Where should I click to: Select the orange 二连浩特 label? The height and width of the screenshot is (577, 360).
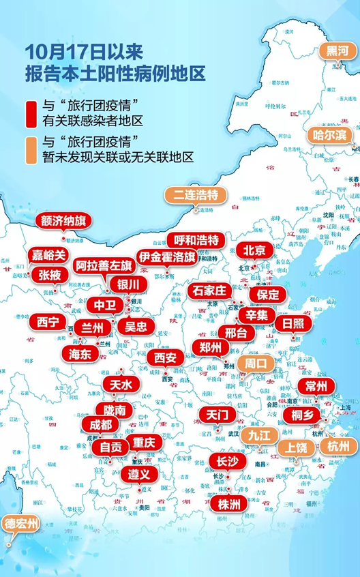[195, 194]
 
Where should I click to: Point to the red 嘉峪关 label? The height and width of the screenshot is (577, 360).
[49, 255]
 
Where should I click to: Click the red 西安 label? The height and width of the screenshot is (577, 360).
[164, 357]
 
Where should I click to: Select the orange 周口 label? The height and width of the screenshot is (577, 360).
[256, 362]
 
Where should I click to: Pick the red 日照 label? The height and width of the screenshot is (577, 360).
[293, 323]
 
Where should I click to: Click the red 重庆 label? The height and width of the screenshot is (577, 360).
[143, 443]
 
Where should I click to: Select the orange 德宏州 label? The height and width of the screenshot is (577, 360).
[22, 525]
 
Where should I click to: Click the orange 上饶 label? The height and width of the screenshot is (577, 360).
[296, 448]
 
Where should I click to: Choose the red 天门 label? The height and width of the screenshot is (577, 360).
[217, 415]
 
